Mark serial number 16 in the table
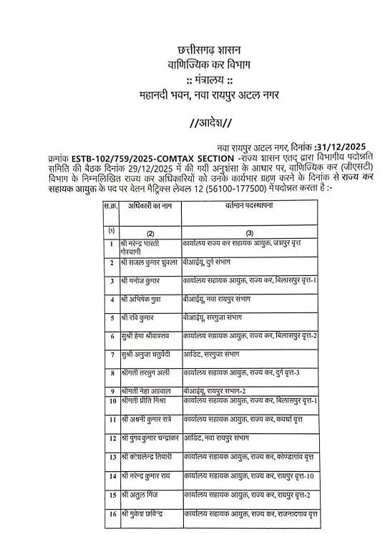click(112, 513)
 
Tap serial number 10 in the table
click(112, 401)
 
